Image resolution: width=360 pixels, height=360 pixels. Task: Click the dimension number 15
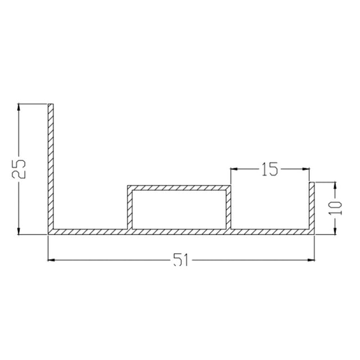(x=270, y=169)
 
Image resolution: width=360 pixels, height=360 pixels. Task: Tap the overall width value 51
(x=180, y=260)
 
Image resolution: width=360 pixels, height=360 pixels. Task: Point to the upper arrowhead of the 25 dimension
(x=20, y=107)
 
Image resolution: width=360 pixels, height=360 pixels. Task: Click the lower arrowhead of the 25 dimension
(x=20, y=231)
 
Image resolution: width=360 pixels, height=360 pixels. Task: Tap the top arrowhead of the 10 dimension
(x=335, y=184)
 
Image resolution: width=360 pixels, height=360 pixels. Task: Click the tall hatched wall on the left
(x=50, y=169)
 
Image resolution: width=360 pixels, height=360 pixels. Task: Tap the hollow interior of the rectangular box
(x=178, y=209)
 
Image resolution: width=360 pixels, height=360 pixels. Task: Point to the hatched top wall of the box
(x=178, y=187)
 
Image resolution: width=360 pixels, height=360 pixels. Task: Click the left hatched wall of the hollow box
(x=128, y=209)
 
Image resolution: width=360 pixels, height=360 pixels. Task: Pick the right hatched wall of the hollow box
(x=228, y=209)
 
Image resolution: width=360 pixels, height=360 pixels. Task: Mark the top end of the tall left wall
(x=50, y=106)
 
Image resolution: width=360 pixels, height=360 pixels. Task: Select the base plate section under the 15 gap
(x=270, y=232)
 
